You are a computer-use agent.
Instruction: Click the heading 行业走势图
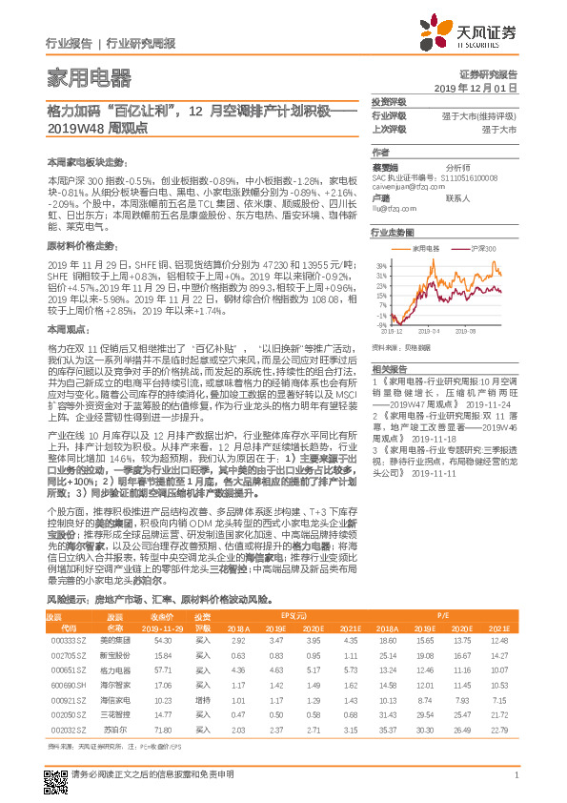tap(392, 232)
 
